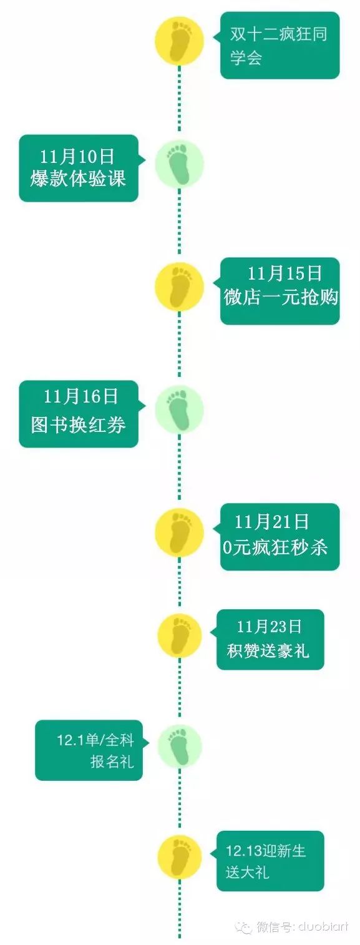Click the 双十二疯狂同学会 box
click(280, 45)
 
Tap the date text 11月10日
click(77, 157)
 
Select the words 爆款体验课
click(78, 179)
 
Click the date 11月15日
click(285, 273)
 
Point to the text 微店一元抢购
click(281, 297)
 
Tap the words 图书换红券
click(79, 425)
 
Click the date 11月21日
click(272, 522)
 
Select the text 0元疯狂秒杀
click(275, 547)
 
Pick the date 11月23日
click(270, 627)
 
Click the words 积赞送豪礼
click(268, 650)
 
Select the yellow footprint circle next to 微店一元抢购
click(180, 287)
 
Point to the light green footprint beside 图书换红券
click(180, 409)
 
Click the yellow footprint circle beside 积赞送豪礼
click(180, 636)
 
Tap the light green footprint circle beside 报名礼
click(180, 746)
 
